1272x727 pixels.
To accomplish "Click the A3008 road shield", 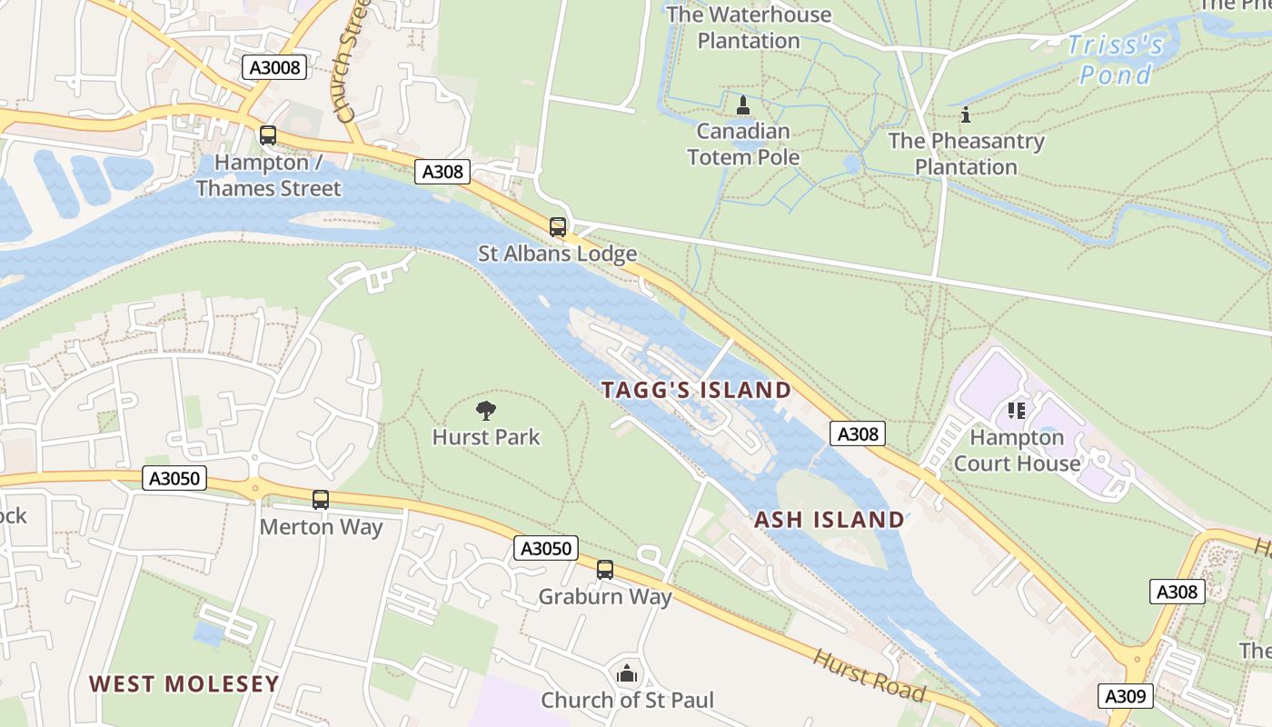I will click(275, 66).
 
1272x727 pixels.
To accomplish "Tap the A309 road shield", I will click(1126, 696).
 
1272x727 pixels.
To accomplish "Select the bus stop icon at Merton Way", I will click(321, 499).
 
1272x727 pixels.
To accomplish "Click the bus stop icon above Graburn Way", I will click(605, 570).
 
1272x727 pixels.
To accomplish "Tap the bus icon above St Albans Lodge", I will click(558, 227).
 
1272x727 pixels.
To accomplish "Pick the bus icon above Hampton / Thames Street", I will click(268, 135).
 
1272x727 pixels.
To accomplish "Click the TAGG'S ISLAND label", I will click(696, 390).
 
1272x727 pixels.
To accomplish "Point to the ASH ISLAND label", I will click(830, 520).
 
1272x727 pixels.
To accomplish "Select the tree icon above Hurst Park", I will click(486, 411).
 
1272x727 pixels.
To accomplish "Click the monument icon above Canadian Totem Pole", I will click(743, 105).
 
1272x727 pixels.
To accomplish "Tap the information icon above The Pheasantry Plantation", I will click(966, 115).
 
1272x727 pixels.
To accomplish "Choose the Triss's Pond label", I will click(1115, 59).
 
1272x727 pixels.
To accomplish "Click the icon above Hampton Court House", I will click(1016, 411).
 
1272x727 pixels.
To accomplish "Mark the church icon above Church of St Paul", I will click(627, 673).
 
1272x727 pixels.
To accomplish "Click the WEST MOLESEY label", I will click(184, 683).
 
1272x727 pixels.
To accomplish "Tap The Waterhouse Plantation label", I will click(749, 27).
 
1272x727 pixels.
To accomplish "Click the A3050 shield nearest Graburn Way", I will click(545, 548).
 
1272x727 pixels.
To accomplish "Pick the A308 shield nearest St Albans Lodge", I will click(442, 171).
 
